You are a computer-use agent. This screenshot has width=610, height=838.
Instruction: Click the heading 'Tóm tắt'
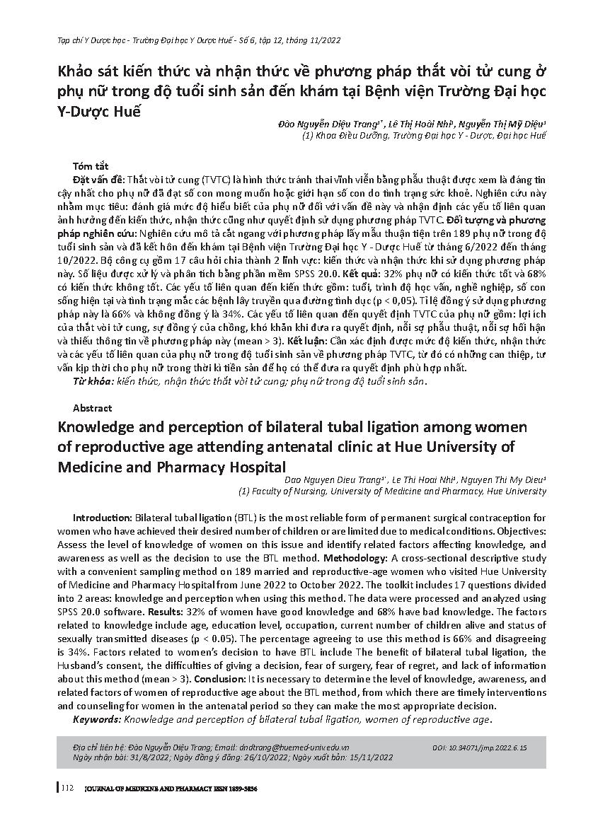click(89, 165)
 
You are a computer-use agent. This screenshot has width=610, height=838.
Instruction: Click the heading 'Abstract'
click(92, 408)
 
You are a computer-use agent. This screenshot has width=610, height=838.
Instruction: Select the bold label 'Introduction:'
click(103, 518)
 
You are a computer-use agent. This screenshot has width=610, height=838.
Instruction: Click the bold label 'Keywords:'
click(98, 719)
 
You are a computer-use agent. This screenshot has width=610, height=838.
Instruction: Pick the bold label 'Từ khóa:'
click(94, 381)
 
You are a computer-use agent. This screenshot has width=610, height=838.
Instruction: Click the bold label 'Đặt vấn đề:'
click(98, 180)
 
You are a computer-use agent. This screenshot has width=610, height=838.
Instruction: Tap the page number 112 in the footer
click(68, 788)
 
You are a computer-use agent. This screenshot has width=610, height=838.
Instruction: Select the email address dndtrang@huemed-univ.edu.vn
click(292, 747)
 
